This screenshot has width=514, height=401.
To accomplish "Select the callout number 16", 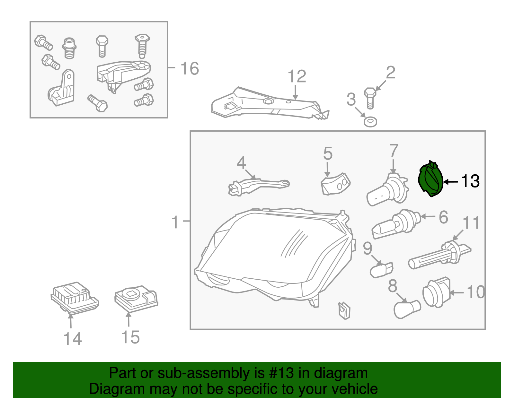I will tap(190, 69).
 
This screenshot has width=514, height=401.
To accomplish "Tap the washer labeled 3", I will tap(370, 122).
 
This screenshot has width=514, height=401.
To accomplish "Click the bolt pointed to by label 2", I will tap(370, 98).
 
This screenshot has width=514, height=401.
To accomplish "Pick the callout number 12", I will tap(297, 77).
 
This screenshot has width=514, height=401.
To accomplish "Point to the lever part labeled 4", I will tap(257, 185).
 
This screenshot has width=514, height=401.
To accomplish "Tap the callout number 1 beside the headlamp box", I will tap(175, 222).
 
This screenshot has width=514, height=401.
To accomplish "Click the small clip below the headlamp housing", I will tap(344, 310).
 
